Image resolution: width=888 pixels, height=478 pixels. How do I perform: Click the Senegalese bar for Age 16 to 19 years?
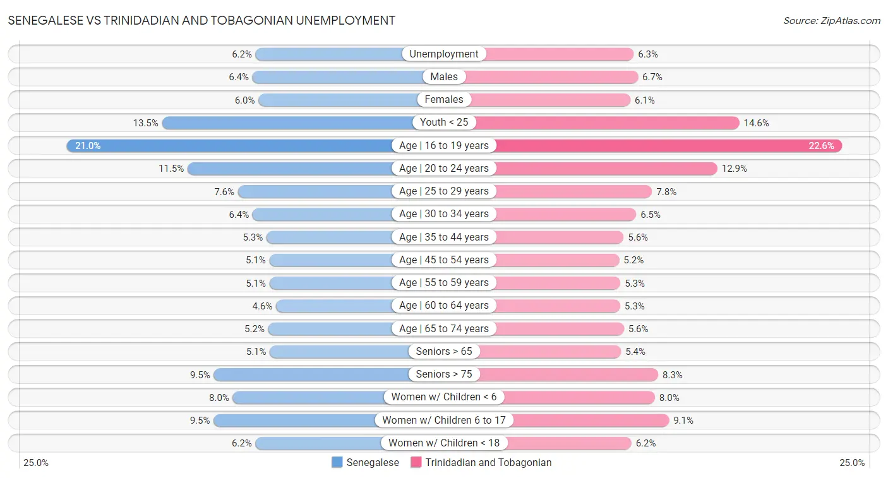coord(234,146)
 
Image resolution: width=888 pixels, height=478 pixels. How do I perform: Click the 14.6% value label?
coord(756,123)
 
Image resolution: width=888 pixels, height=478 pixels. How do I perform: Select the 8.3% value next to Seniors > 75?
coord(672,375)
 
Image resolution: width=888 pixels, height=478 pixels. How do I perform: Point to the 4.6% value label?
coord(262,306)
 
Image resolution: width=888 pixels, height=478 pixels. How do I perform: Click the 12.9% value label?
coord(735,169)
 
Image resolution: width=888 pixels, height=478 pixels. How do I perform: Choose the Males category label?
coord(444,77)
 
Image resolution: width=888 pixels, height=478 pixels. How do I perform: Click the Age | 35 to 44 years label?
coord(444,237)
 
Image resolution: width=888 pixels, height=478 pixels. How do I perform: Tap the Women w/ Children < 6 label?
coord(444,397)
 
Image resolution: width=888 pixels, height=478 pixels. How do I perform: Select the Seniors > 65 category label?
coord(444,352)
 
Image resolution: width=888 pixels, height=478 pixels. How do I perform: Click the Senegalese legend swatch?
coord(337,463)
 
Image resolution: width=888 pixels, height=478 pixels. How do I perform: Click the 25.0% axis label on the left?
coord(36,463)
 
